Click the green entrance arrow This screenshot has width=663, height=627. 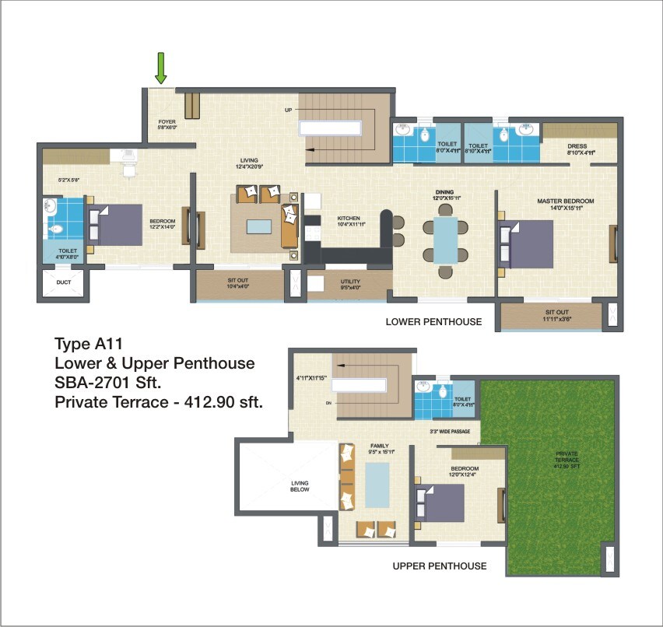pos(161,68)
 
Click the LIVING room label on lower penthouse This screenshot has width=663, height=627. pos(248,162)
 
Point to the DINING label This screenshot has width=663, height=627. pos(444,191)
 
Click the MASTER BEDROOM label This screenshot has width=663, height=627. pos(565,201)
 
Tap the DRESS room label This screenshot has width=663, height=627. pos(577,145)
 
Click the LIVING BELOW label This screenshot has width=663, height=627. pos(300,485)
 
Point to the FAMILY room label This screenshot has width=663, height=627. pos(380,446)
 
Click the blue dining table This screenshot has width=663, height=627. pos(446,241)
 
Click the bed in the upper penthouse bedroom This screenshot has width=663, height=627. pos(440,503)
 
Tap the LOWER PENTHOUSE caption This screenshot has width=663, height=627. pos(433,321)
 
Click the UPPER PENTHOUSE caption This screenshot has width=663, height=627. pos(440,566)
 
